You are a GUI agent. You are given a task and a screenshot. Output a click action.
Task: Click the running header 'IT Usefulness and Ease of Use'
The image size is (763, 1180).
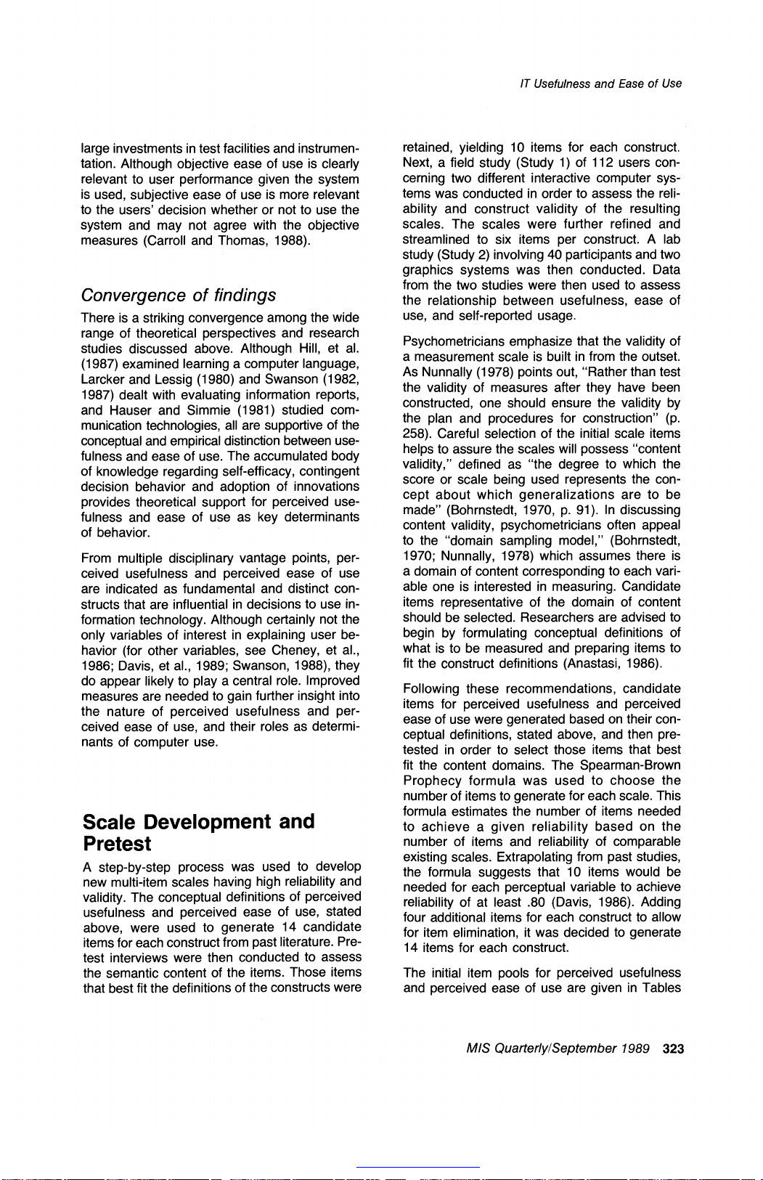coord(600,84)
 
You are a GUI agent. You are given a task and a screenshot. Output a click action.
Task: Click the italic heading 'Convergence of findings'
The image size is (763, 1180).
coord(179,295)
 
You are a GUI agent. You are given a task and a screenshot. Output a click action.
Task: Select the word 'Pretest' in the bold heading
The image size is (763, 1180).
coord(117,844)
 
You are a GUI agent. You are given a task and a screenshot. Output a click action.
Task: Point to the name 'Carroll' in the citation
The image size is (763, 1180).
coord(167,240)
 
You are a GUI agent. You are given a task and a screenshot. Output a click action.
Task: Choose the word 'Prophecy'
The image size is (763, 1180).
coord(432,781)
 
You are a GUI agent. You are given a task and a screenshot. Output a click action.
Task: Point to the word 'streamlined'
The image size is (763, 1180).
coord(436,239)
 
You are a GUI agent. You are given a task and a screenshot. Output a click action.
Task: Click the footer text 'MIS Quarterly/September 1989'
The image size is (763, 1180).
coord(558,1049)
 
